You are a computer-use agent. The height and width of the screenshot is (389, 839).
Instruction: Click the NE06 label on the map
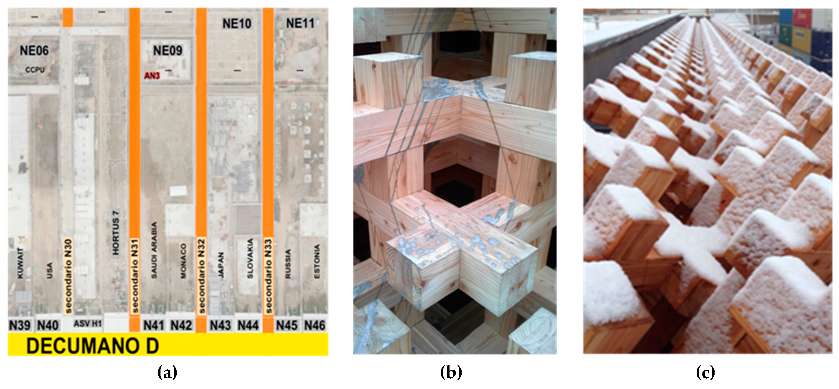(34, 51)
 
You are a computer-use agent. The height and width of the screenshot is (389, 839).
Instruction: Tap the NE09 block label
(168, 51)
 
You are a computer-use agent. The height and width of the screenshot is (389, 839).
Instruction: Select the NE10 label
(237, 24)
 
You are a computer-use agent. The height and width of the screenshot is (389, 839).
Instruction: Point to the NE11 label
(300, 23)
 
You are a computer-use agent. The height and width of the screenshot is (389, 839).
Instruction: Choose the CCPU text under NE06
(35, 70)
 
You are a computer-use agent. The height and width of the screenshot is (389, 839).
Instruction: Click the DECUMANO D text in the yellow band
(92, 346)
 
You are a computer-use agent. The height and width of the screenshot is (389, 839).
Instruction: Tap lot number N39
(20, 325)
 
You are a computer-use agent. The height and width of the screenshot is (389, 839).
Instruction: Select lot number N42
(181, 325)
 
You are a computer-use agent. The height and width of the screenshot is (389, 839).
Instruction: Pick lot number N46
(315, 325)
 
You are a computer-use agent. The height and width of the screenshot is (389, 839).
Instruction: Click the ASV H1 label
(87, 324)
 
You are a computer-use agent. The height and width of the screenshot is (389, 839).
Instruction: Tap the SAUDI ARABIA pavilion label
(154, 250)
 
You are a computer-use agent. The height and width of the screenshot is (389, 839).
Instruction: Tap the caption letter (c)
(705, 372)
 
